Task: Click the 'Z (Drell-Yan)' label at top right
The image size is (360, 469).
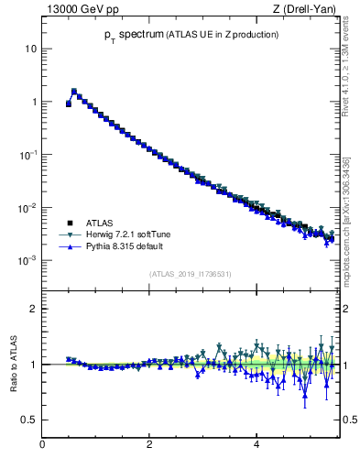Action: coord(303,9)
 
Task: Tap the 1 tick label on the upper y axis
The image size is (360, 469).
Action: coord(34,101)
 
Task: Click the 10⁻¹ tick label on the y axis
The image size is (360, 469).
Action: coord(28,154)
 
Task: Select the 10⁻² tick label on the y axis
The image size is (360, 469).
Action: coord(28,207)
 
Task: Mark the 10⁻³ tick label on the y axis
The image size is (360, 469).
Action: coord(28,260)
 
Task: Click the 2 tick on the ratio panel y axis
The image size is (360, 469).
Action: coord(33,309)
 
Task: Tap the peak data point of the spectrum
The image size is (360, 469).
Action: coord(74,91)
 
